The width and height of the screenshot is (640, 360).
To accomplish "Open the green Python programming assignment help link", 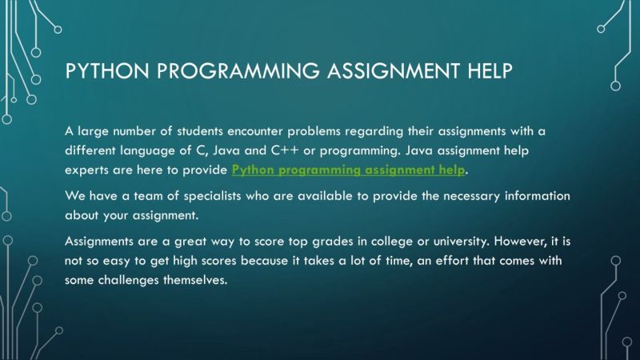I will point(348,170).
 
